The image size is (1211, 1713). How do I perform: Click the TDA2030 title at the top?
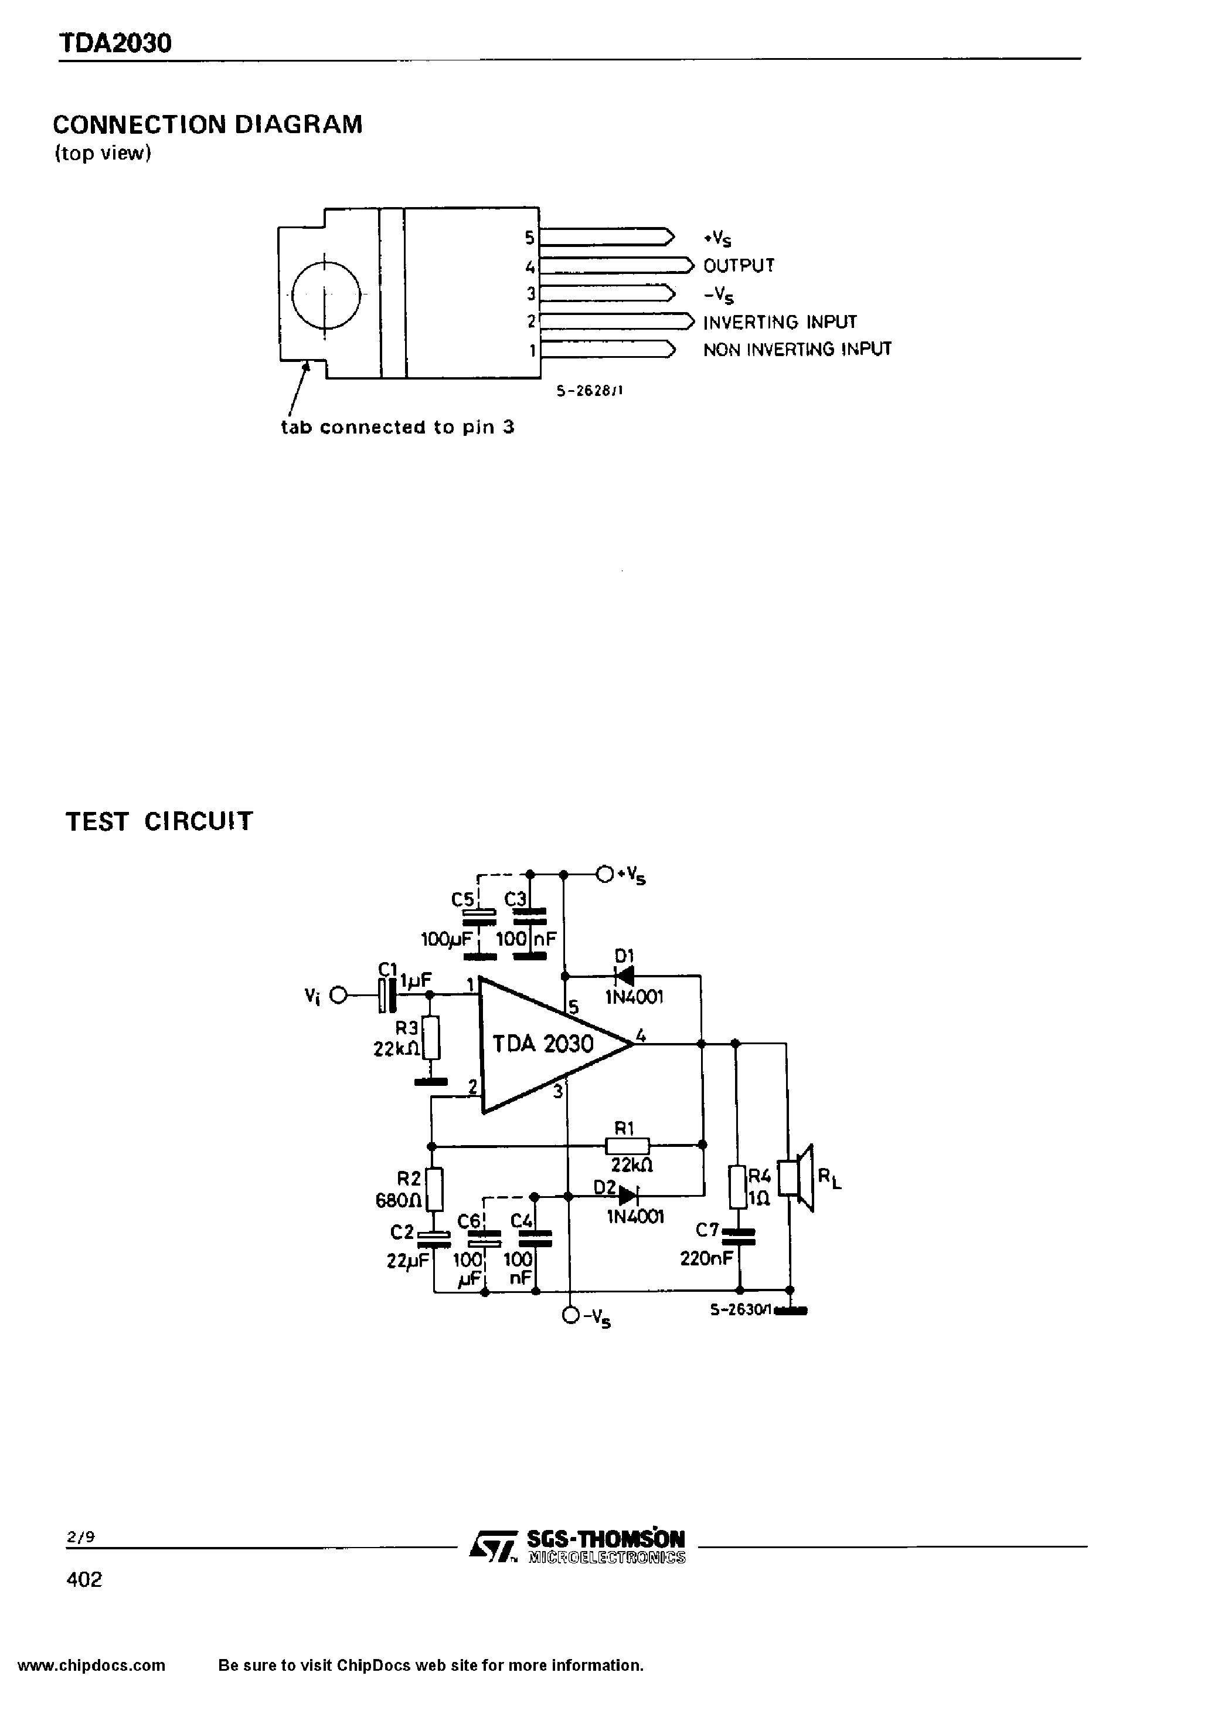pos(115,43)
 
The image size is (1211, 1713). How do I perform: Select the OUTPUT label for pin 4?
pos(738,266)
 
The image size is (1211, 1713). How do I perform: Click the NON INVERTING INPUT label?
pos(797,349)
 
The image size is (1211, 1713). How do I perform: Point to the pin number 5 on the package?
pos(529,238)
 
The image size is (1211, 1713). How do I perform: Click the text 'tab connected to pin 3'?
pos(397,428)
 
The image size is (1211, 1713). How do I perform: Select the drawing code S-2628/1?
pos(589,390)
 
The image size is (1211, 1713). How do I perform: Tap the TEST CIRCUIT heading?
pos(159,821)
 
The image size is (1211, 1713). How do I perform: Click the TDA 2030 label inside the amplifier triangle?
pos(542,1044)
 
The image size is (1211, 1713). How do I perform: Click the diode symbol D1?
pos(624,976)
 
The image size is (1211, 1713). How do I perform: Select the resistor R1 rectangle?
pos(627,1145)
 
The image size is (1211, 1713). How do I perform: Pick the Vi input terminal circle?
pos(339,996)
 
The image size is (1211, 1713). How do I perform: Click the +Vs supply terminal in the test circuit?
pos(605,874)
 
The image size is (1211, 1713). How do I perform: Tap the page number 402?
pos(84,1579)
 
